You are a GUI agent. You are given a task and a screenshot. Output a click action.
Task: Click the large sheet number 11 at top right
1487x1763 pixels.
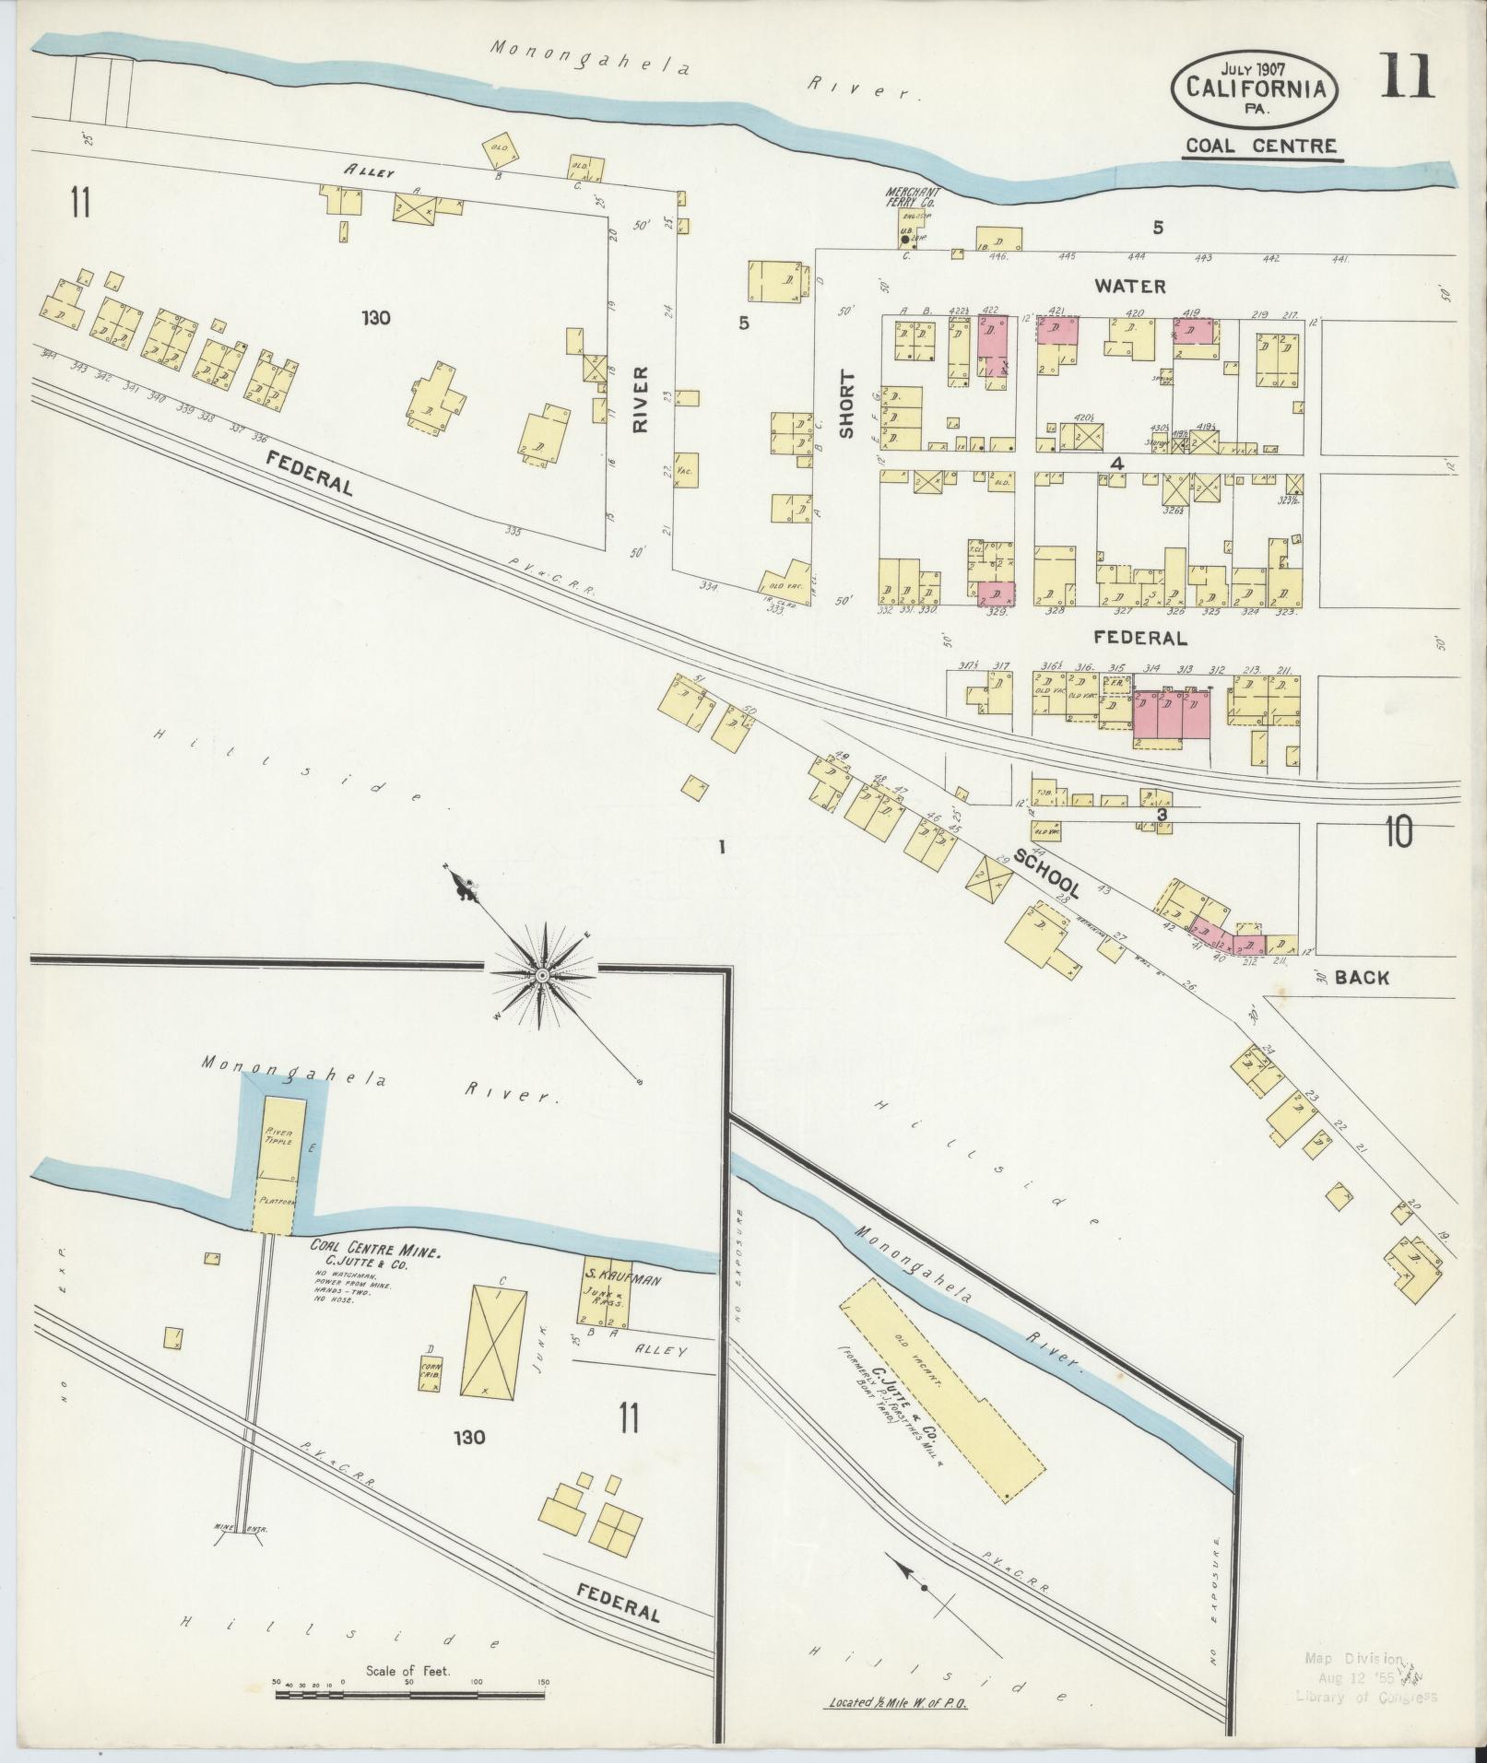pos(1406,76)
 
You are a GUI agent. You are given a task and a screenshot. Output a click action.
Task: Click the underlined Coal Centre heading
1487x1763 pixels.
pos(1261,146)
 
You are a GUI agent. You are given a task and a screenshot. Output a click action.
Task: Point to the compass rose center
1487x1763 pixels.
pos(542,974)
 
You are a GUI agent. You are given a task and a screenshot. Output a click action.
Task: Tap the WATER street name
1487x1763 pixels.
pos(1129,287)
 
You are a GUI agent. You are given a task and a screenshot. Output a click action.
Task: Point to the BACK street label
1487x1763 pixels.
pos(1361,978)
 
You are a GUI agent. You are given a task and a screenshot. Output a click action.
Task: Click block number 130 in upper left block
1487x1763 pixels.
pos(376,318)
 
